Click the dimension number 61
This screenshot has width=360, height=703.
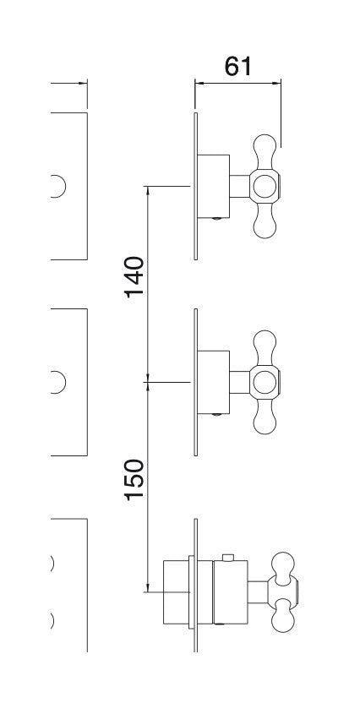pyautogui.click(x=238, y=67)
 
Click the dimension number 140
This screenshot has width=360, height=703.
pyautogui.click(x=134, y=276)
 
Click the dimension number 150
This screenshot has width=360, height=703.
pyautogui.click(x=134, y=479)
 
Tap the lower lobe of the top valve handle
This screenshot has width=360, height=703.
pyautogui.click(x=265, y=221)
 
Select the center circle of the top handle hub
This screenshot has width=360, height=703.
pyautogui.click(x=265, y=186)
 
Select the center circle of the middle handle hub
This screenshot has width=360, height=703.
pyautogui.click(x=265, y=382)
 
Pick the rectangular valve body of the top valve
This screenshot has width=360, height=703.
pyautogui.click(x=214, y=187)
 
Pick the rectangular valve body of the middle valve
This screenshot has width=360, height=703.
pyautogui.click(x=214, y=382)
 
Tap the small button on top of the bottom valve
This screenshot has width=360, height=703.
pyautogui.click(x=227, y=558)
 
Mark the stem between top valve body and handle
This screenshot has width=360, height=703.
pyautogui.click(x=240, y=186)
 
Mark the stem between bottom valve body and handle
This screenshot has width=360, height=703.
pyautogui.click(x=258, y=591)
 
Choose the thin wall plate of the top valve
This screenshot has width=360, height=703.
pyautogui.click(x=195, y=186)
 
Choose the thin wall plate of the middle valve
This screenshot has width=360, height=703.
pyautogui.click(x=195, y=382)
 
